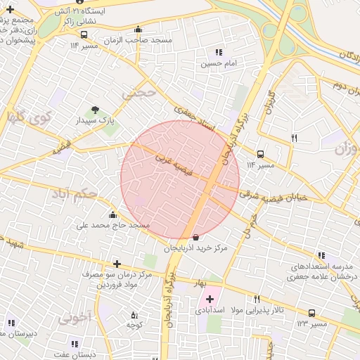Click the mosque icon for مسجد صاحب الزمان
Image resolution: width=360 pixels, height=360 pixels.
click(137, 30)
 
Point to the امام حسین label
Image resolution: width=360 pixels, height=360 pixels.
click(217, 63)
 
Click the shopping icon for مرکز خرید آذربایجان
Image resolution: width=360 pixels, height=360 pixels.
click(195, 237)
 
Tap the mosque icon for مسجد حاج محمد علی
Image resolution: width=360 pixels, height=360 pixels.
click(113, 215)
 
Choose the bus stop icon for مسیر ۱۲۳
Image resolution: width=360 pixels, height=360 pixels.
click(311, 313)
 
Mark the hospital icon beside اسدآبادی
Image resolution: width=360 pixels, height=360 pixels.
click(210, 300)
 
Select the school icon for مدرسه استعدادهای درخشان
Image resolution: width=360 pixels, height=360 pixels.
click(322, 256)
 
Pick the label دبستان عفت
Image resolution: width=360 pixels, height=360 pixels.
click(77, 354)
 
